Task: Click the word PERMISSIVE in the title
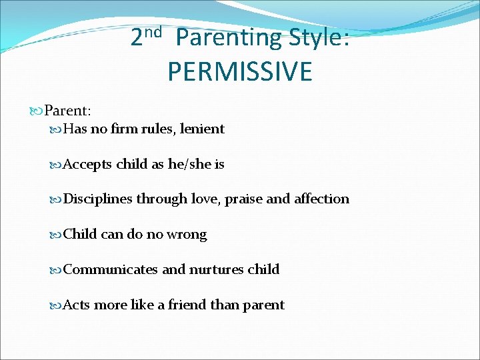pos(239,71)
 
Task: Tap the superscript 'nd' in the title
pos(154,32)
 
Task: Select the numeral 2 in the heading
pos(136,38)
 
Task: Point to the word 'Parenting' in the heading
pos(229,39)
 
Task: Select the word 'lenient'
pos(202,129)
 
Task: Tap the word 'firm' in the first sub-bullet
pos(125,129)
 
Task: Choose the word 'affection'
pos(321,199)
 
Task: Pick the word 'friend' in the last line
pos(187,305)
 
